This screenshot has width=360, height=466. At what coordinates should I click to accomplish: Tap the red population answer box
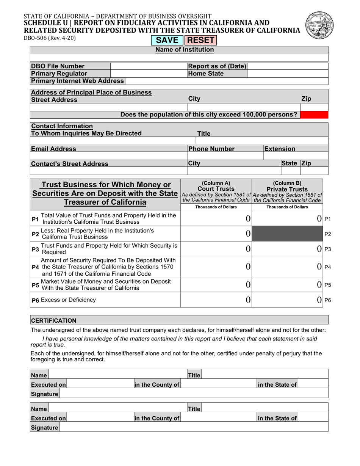point(314,115)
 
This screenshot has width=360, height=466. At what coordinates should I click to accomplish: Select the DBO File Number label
point(58,66)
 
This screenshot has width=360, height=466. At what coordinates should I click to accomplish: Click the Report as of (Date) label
point(217,66)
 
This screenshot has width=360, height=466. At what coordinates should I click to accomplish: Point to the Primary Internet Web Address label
point(77,81)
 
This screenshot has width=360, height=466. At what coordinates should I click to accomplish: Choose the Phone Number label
point(212,149)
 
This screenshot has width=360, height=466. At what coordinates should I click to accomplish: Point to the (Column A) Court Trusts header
point(216,186)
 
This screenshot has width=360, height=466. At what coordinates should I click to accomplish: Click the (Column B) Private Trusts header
point(287,186)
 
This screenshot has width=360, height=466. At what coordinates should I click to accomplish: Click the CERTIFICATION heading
point(53,320)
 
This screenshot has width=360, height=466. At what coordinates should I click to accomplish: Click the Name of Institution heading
point(185,50)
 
